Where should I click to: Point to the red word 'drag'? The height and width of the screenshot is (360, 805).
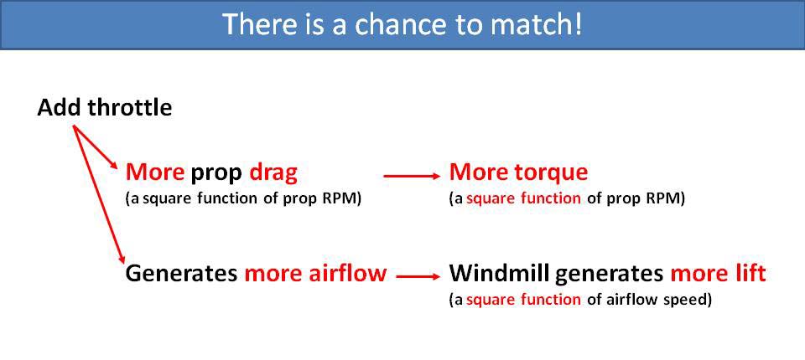coord(273,172)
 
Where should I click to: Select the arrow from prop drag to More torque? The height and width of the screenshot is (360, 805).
coord(412,176)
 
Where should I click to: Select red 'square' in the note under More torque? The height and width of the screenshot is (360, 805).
coord(487,199)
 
